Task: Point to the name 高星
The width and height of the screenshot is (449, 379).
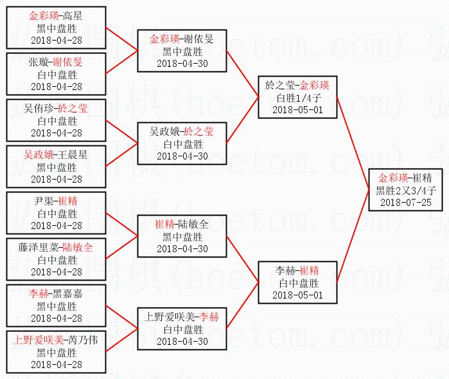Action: pyautogui.click(x=73, y=15)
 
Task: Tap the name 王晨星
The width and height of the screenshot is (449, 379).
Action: pyautogui.click(x=73, y=154)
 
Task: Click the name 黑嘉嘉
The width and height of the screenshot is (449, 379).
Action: pyautogui.click(x=67, y=293)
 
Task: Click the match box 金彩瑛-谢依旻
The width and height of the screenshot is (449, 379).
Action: pyautogui.click(x=182, y=51)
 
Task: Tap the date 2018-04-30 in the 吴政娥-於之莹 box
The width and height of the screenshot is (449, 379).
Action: pyautogui.click(x=182, y=156)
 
